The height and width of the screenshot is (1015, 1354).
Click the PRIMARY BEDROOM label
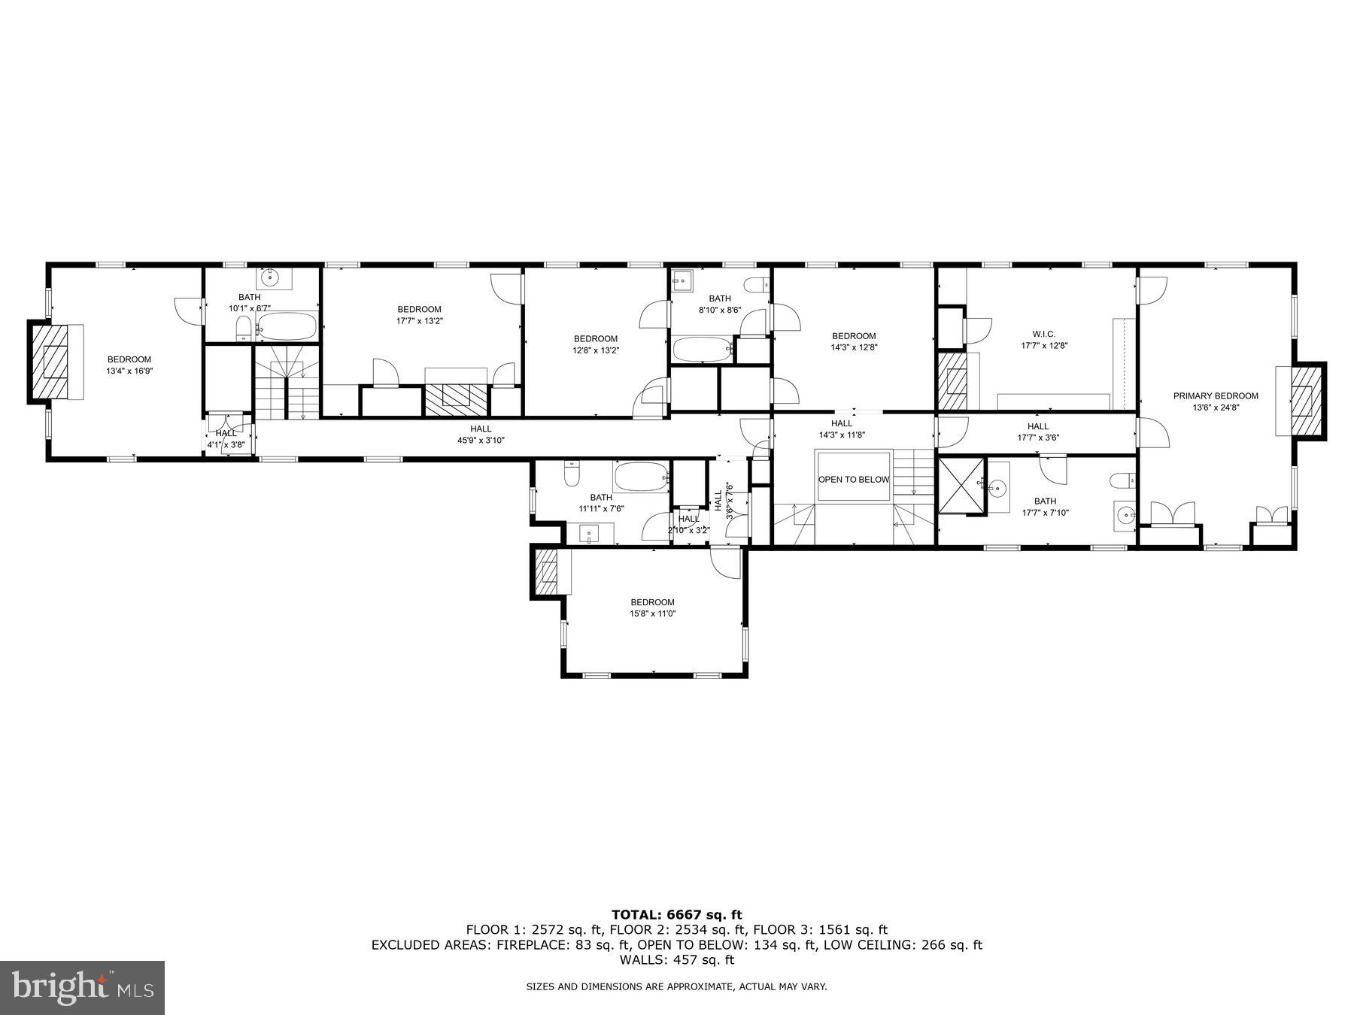(1216, 396)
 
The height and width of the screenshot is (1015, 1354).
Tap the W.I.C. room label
(1043, 334)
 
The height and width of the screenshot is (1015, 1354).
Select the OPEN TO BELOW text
(854, 480)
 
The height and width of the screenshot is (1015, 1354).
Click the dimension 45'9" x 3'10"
(481, 441)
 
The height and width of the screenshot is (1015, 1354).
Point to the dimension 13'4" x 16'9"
(129, 371)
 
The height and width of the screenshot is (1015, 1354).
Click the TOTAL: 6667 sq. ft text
(676, 915)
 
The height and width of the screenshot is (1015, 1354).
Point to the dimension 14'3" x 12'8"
(854, 347)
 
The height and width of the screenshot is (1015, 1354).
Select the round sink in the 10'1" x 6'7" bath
(269, 278)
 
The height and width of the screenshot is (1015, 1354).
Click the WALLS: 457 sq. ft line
(676, 960)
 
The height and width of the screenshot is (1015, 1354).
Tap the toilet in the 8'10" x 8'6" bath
(757, 284)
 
